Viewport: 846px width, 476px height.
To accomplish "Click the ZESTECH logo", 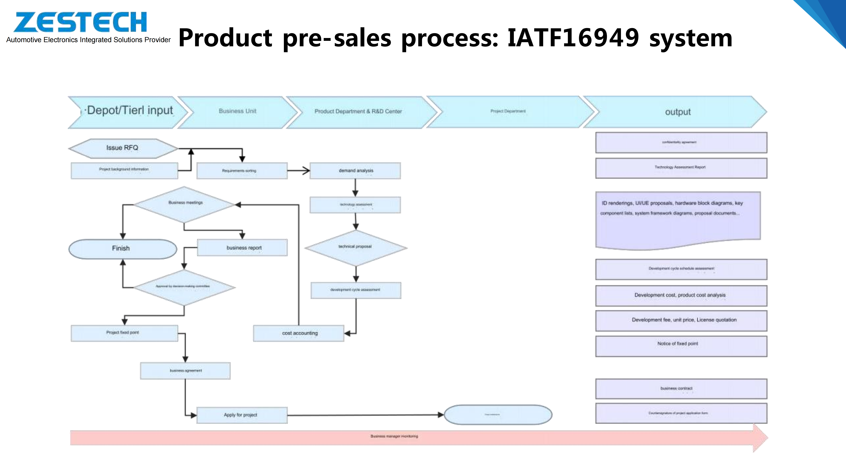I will [80, 22].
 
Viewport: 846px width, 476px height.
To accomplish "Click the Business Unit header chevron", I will [237, 112].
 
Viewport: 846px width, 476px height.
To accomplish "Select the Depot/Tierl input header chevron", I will [128, 112].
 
